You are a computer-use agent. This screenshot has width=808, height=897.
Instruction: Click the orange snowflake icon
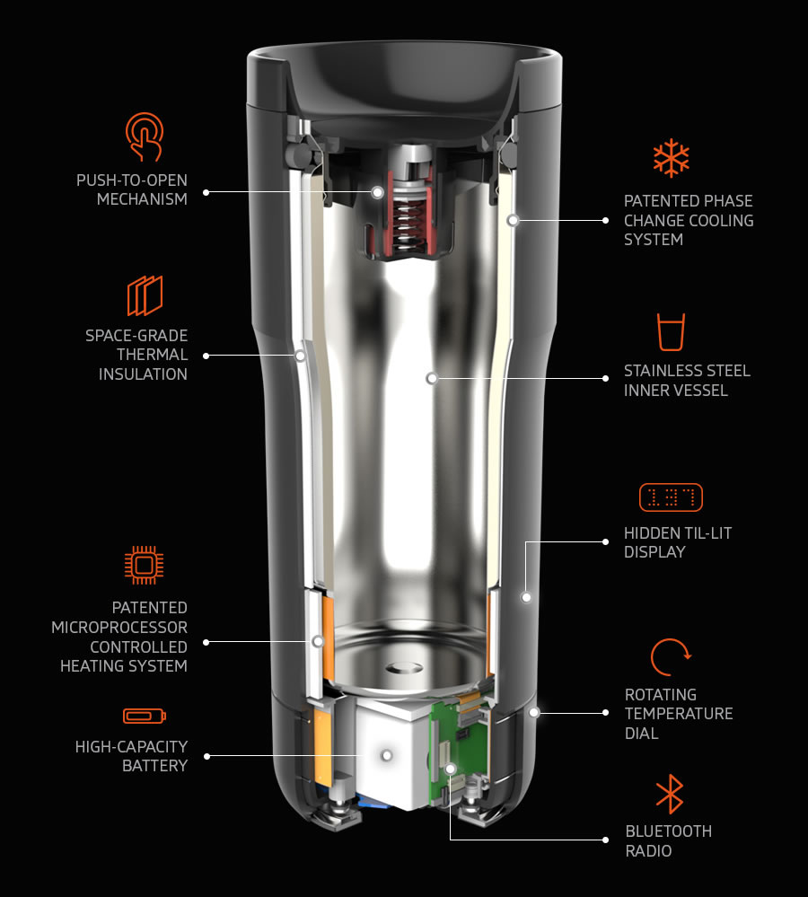[671, 157]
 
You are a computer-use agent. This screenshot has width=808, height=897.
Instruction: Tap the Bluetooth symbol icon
[670, 794]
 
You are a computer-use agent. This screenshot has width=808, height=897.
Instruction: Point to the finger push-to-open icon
[145, 136]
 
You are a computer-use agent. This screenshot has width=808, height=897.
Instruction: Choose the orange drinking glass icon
[671, 332]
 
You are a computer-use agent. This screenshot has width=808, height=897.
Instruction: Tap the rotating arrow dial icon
[670, 656]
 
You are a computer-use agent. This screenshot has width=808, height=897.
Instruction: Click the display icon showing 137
[671, 497]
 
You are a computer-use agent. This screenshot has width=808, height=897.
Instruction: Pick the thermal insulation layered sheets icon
[145, 295]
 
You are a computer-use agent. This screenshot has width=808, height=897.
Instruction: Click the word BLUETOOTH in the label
[669, 831]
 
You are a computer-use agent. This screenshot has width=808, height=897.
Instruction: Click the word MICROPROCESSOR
[119, 627]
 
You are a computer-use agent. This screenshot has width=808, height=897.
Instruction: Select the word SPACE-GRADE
[136, 335]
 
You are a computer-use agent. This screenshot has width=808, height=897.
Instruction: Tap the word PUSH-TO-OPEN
[132, 180]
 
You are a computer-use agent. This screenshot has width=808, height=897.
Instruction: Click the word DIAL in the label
[642, 734]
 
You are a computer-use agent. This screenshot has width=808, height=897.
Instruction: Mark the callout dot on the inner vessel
[432, 378]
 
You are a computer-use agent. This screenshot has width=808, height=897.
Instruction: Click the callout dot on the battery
[387, 756]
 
